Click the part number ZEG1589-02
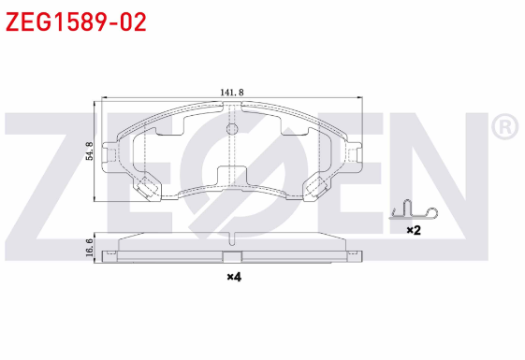76,22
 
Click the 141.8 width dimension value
232,93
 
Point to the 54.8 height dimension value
90,151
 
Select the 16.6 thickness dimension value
90,248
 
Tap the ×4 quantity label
234,277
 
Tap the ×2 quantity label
414,230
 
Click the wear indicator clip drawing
414,210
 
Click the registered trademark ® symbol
505,127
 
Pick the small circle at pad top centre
232,128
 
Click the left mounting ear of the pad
109,154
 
